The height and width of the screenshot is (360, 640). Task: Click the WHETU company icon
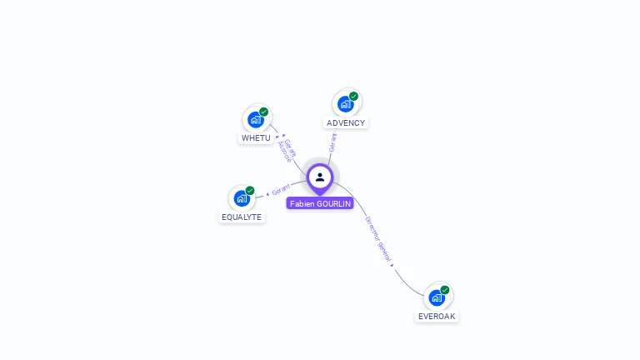point(256,119)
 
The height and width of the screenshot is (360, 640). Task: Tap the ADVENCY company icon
point(346,104)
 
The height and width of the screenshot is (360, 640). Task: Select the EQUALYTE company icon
point(242,198)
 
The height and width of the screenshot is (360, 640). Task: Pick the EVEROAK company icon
point(437,297)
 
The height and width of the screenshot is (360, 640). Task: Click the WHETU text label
point(256,137)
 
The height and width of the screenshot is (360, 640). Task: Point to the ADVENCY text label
point(346,122)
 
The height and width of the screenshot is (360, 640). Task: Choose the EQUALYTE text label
point(242,217)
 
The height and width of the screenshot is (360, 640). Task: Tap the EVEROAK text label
point(437,316)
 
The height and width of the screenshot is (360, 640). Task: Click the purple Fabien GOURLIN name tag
point(320,203)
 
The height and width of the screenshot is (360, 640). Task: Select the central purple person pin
point(320,177)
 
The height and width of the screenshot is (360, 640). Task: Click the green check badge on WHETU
point(264,112)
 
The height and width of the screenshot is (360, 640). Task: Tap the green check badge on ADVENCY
point(354,97)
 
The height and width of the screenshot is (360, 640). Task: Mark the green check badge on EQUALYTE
point(250,191)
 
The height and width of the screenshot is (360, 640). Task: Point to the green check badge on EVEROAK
point(445,290)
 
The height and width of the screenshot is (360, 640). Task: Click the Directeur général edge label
point(377,240)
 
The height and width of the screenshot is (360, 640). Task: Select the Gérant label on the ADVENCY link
point(332,142)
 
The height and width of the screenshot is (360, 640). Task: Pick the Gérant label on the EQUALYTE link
point(281,191)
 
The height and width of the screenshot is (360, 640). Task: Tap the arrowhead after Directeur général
point(392,265)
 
